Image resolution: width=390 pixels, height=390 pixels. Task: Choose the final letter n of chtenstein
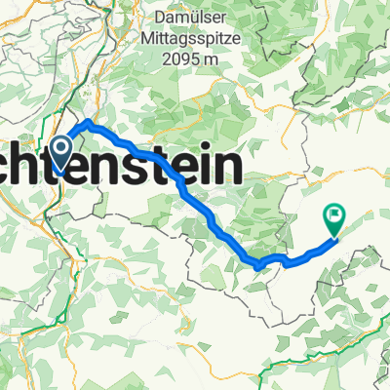point(228,168)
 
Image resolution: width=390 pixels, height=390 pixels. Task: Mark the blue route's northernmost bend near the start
point(89,123)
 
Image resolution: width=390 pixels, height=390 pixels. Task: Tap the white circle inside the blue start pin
point(60,149)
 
